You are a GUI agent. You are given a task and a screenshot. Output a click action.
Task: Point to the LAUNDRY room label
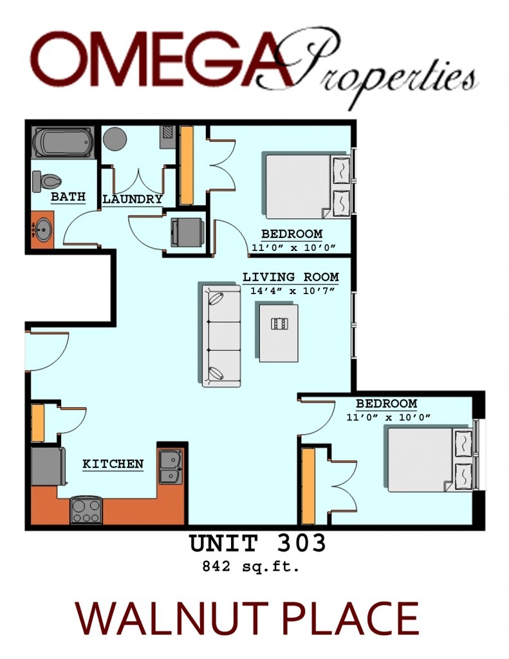[x=133, y=199]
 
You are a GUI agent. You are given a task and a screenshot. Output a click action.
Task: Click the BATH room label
[x=68, y=196]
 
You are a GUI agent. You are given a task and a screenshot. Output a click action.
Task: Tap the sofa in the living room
[x=221, y=335]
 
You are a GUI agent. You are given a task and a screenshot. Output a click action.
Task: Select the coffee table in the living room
[x=279, y=332]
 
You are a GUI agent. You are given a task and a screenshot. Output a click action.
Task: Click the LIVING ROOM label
[x=290, y=277]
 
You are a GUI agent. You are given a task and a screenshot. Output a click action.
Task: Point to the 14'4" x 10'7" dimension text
[x=290, y=290]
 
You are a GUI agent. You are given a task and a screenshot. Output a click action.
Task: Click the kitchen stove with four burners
[x=86, y=510]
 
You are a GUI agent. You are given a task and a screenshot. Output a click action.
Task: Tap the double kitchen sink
[x=171, y=467]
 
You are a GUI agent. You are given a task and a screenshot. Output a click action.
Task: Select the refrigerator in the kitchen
[x=48, y=467]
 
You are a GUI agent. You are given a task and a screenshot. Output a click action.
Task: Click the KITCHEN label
[x=113, y=463]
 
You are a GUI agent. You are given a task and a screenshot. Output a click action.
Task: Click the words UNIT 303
[x=257, y=544]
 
